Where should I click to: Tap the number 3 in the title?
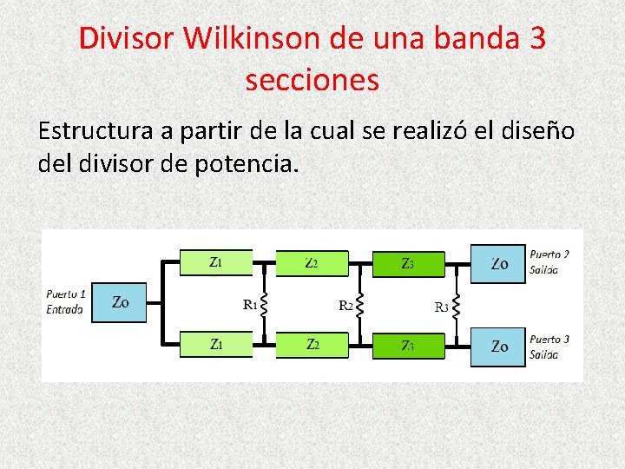tap(535, 40)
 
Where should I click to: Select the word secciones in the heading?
tap(312, 80)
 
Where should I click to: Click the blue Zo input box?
tap(121, 302)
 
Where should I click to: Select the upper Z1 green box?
tap(215, 261)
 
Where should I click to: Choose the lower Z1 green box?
tap(215, 345)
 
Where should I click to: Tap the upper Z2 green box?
tap(312, 262)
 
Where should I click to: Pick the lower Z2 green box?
tap(312, 345)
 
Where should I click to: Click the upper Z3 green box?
tap(408, 263)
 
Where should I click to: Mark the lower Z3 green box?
tap(408, 346)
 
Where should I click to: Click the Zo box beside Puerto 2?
tap(498, 263)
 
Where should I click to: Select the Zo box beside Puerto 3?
tap(498, 346)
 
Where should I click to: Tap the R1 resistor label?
tap(249, 304)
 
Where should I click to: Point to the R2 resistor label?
tap(345, 305)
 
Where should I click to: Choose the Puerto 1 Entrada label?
tap(65, 301)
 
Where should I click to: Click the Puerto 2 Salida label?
tap(549, 261)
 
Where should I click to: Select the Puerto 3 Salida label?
tap(549, 346)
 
